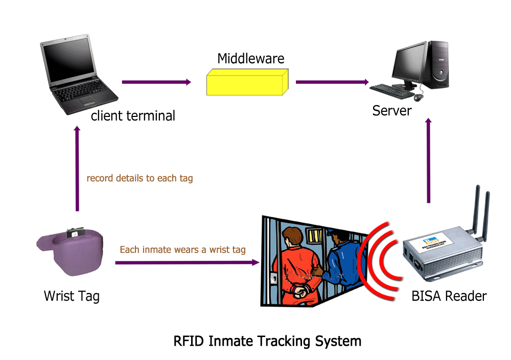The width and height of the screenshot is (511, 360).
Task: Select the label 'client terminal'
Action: coord(133,116)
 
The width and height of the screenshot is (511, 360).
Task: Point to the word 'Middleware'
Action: coord(250,59)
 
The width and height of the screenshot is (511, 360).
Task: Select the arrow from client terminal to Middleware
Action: coord(156,82)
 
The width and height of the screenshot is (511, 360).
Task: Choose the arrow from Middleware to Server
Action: coord(332,82)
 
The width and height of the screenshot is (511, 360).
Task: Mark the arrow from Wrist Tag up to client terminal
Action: coord(77,169)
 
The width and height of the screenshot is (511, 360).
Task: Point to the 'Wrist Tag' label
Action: coord(72,296)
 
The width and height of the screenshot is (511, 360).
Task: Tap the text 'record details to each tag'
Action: coord(140,179)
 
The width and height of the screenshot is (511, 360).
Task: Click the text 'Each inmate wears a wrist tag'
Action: coord(182,250)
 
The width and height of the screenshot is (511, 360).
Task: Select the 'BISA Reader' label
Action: coord(449,296)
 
